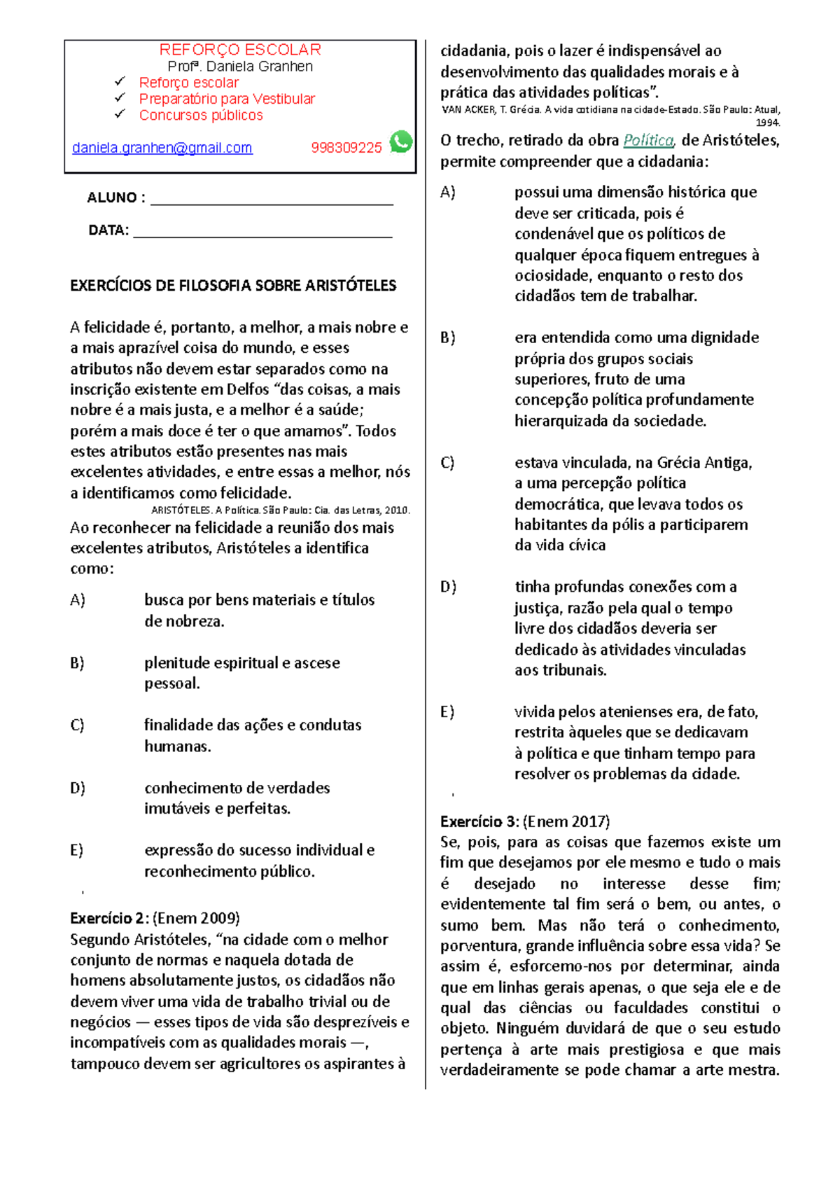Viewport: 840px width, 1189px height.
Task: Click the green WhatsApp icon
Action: click(x=401, y=142)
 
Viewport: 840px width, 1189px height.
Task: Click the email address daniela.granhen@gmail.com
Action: click(x=162, y=148)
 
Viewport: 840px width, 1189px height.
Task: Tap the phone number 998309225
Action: click(x=346, y=148)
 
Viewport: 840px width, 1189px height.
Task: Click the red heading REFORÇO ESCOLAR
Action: click(x=240, y=50)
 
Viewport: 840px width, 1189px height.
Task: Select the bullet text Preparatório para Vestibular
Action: click(x=227, y=99)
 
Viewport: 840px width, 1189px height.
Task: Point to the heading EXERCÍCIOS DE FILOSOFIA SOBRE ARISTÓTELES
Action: click(x=233, y=286)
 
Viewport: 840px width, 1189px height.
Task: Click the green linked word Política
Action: click(x=648, y=140)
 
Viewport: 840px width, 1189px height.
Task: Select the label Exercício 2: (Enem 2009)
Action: click(x=155, y=918)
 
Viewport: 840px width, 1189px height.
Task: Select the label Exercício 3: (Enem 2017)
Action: click(x=524, y=821)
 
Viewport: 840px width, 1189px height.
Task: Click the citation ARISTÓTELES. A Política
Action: click(x=280, y=510)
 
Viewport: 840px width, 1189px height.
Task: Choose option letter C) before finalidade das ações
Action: click(x=77, y=725)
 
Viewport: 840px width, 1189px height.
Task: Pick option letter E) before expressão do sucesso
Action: click(x=76, y=850)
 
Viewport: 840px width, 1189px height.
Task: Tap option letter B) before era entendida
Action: click(x=447, y=338)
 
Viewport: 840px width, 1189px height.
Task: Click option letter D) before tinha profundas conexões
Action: click(x=447, y=587)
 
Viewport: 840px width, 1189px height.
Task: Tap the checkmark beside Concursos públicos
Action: click(x=120, y=113)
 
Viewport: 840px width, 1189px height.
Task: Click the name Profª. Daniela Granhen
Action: click(x=240, y=67)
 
